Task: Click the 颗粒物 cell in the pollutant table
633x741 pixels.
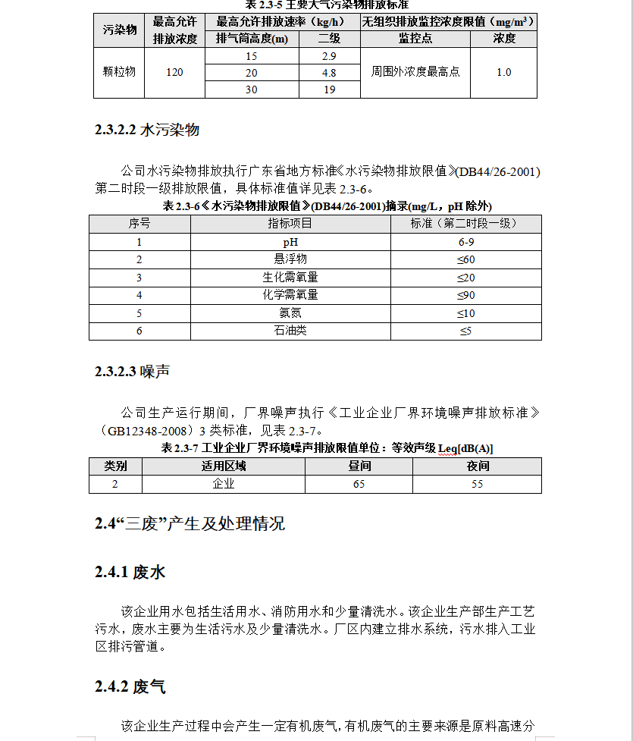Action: pyautogui.click(x=119, y=72)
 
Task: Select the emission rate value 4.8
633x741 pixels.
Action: pyautogui.click(x=329, y=73)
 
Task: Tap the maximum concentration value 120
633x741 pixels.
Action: pyautogui.click(x=174, y=72)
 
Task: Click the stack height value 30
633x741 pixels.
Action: pyautogui.click(x=251, y=89)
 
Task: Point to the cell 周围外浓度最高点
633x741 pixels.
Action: pyautogui.click(x=415, y=72)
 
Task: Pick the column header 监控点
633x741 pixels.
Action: pyautogui.click(x=415, y=39)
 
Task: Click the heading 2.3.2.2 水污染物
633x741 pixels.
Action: pyautogui.click(x=147, y=130)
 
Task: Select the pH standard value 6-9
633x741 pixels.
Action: pyautogui.click(x=465, y=242)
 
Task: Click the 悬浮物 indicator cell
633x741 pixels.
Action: pyautogui.click(x=290, y=259)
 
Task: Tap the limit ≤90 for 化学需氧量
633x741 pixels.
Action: pyautogui.click(x=465, y=295)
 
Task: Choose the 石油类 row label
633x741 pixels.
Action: pyautogui.click(x=290, y=331)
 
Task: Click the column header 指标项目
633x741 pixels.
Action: pyautogui.click(x=290, y=224)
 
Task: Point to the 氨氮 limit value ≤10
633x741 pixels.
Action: pyautogui.click(x=465, y=313)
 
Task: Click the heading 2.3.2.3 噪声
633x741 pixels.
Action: pyautogui.click(x=132, y=372)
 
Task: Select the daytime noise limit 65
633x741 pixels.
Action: pyautogui.click(x=359, y=484)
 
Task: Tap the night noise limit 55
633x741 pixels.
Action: pyautogui.click(x=477, y=484)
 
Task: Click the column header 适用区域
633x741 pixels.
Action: pyautogui.click(x=223, y=466)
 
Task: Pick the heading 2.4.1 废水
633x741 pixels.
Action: pyautogui.click(x=130, y=572)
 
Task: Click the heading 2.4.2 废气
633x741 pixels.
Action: pyautogui.click(x=130, y=687)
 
